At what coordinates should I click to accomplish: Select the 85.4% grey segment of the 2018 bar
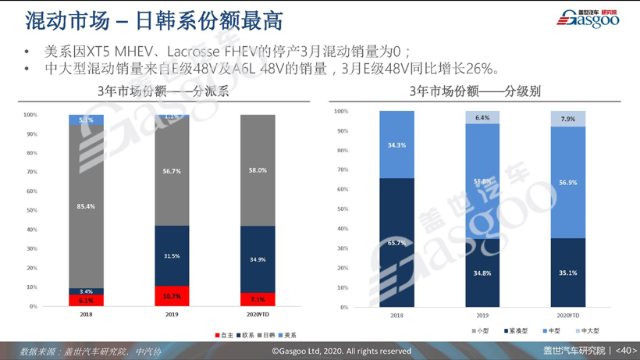86,206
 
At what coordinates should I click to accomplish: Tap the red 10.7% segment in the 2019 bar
172,297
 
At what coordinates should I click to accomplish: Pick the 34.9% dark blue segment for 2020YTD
258,259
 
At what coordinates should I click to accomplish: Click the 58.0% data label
258,170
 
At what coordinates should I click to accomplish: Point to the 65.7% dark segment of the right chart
396,243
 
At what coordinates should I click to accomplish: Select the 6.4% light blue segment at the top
482,118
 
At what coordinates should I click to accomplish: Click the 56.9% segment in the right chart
567,183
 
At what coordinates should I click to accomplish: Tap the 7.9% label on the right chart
567,119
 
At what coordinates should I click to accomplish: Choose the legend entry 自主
225,335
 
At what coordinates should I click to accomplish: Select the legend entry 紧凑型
516,331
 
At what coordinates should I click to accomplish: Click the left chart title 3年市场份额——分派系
163,91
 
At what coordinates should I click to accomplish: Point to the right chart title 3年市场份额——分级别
475,91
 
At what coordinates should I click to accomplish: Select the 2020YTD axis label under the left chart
258,315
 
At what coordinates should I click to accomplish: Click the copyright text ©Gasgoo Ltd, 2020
341,351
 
